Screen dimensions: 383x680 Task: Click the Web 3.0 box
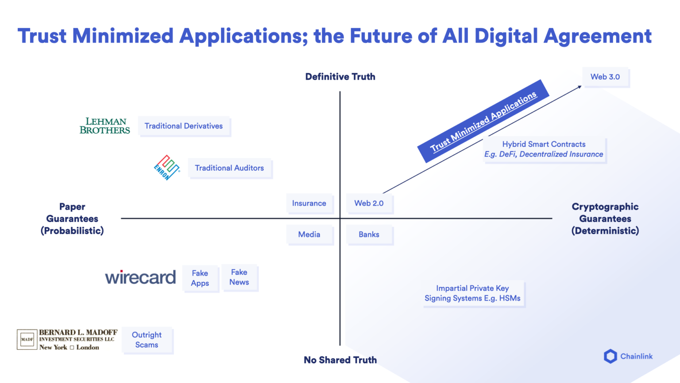point(605,77)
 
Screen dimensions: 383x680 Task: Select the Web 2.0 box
point(369,203)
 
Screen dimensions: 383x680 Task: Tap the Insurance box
point(309,203)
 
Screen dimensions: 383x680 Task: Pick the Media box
point(309,234)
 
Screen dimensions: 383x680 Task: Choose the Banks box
point(369,234)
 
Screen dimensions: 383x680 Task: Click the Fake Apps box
point(200,278)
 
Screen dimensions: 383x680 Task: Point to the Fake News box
point(239,277)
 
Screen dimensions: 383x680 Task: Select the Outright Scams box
point(147,340)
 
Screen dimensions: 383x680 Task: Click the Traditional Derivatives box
point(184,126)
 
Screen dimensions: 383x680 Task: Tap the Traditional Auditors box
point(229,168)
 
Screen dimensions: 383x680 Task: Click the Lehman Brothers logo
point(105,126)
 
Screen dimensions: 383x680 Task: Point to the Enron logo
point(166,168)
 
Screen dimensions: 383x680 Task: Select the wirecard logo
point(140,277)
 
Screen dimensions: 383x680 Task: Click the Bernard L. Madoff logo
point(67,340)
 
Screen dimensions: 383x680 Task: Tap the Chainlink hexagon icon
point(610,356)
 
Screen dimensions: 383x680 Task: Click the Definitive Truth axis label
point(340,77)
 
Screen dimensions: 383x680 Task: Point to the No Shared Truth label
point(340,360)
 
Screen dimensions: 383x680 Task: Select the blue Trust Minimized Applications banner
point(483,121)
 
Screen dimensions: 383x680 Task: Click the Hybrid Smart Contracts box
point(544,150)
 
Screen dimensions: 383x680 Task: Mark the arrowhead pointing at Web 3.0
point(580,87)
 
